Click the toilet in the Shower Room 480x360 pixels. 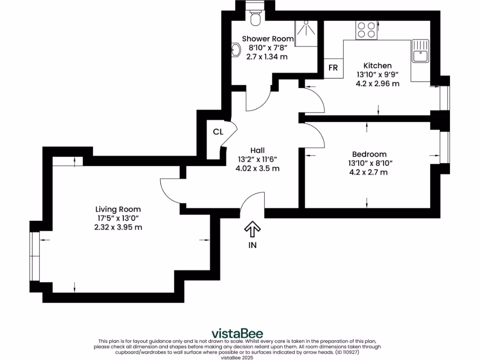click(255, 17)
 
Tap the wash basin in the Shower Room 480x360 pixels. click(236, 49)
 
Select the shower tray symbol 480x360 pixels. click(307, 31)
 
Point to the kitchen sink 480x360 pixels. click(420, 51)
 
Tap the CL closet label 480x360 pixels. click(218, 132)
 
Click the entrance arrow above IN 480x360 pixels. click(252, 229)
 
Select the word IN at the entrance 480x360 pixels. click(253, 245)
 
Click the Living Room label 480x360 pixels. click(118, 209)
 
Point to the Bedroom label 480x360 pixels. click(369, 154)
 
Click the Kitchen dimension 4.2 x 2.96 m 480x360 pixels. click(377, 84)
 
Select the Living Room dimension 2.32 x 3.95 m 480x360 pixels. click(118, 227)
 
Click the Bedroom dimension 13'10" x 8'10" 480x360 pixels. click(369, 163)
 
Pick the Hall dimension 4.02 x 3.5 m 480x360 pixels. click(257, 168)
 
